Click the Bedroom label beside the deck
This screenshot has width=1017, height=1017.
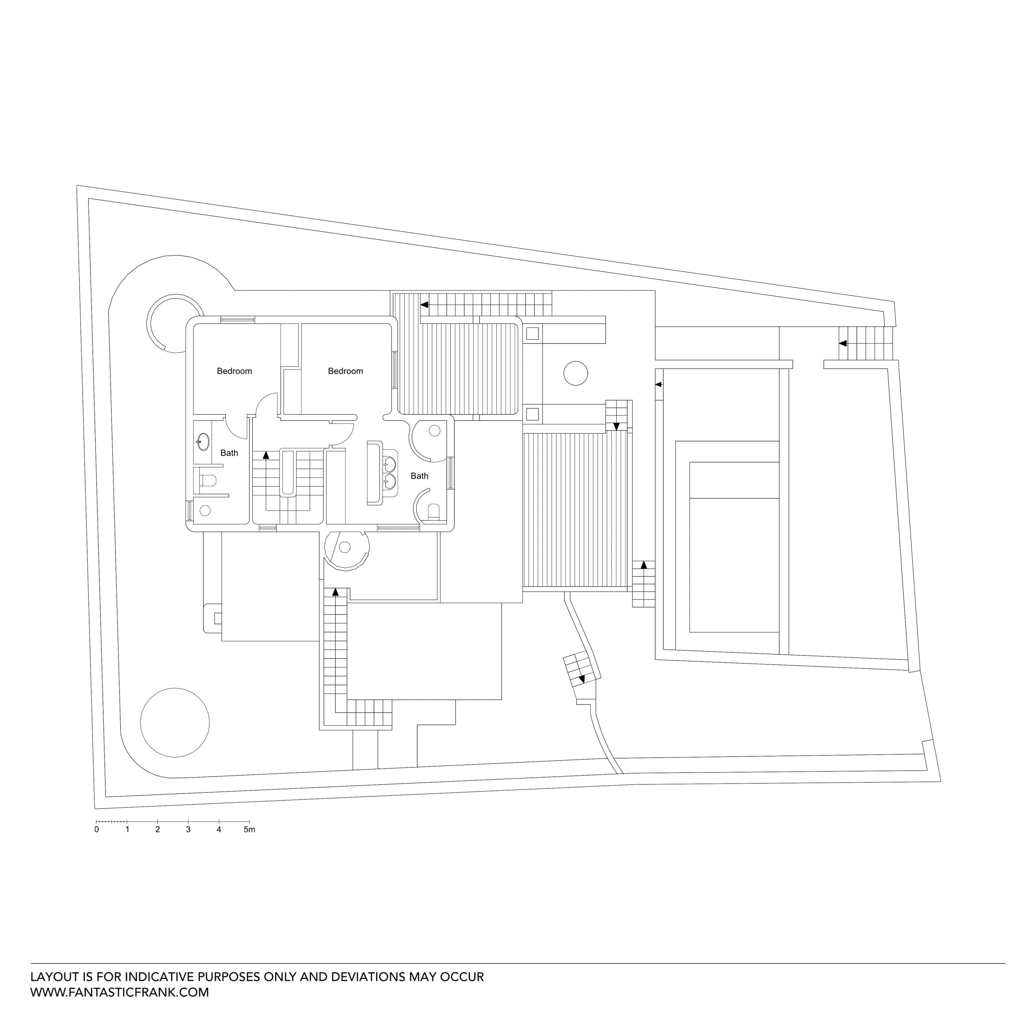click(345, 371)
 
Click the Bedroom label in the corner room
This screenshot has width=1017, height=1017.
click(234, 371)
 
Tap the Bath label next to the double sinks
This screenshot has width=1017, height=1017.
click(419, 476)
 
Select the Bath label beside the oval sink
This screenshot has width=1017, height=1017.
click(229, 453)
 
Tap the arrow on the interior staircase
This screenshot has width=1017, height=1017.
click(266, 455)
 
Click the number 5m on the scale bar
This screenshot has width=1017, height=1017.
click(249, 829)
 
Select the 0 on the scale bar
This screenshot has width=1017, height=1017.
click(96, 829)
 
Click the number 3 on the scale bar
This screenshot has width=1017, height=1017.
click(188, 829)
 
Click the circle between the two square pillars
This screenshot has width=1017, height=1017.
click(575, 373)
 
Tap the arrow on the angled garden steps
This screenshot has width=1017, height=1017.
click(582, 680)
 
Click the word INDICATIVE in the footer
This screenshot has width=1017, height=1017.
click(148, 976)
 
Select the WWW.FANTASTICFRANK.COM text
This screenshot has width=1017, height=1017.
click(120, 992)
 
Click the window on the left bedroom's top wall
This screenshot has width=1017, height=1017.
click(238, 319)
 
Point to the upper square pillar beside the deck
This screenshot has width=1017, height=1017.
click(532, 333)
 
